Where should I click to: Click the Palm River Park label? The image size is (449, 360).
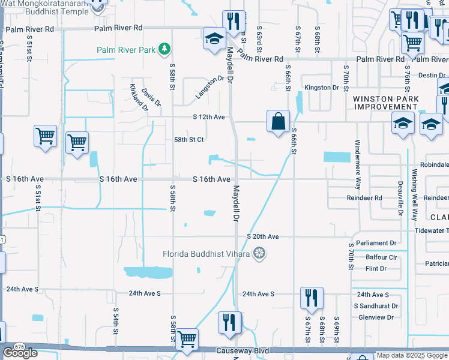point(126,49)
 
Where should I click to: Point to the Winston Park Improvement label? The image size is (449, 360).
point(385,103)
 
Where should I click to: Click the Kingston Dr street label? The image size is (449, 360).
point(322,88)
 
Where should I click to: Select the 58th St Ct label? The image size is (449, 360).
point(190,140)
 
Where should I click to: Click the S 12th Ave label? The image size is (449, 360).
point(208,117)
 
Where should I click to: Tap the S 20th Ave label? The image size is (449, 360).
point(263,237)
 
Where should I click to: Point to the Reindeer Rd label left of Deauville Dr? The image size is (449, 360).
point(364,197)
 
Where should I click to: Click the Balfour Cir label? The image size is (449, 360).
point(381,257)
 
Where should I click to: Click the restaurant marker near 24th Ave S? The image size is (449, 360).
point(312,298)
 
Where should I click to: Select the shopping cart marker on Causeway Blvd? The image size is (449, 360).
point(187,339)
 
